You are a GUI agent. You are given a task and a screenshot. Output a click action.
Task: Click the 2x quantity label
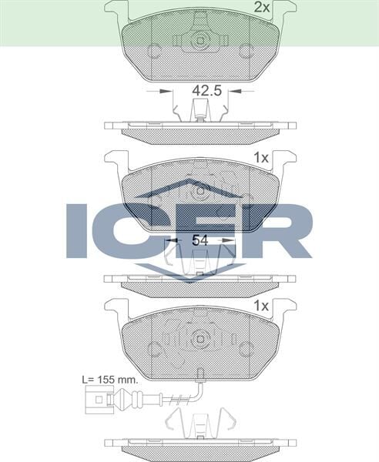[x=262, y=8]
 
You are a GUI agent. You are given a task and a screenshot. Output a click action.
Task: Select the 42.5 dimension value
[x=206, y=90]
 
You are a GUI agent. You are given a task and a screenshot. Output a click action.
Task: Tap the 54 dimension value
[x=200, y=240]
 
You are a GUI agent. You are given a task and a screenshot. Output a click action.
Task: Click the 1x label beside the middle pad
[x=260, y=157]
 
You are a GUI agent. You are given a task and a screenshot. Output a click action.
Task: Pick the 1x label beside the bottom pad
[x=260, y=306]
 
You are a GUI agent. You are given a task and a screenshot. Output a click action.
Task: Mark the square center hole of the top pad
[x=200, y=41]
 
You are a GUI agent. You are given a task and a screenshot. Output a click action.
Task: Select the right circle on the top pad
[x=247, y=52]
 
